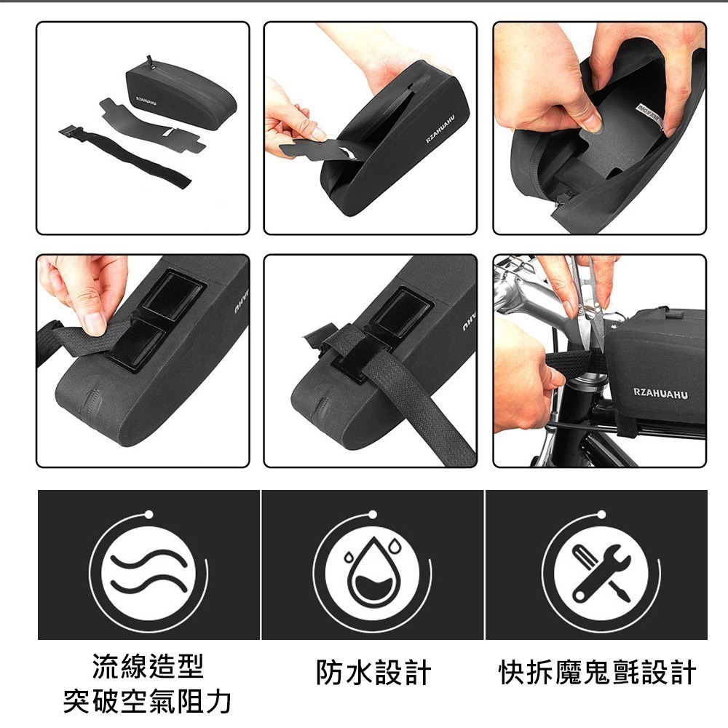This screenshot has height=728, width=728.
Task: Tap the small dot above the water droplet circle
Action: pyautogui.click(x=373, y=515)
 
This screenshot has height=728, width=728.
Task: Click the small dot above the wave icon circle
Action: pyautogui.click(x=149, y=515)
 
